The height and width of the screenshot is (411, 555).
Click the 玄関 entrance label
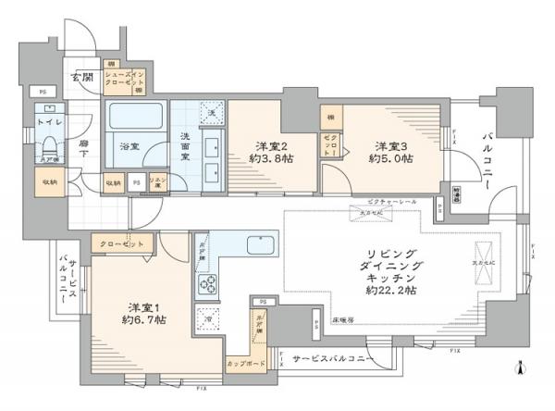coord(81,77)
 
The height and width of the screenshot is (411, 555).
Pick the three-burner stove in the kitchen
coord(206,283)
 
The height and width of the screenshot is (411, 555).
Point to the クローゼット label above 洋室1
coord(126,243)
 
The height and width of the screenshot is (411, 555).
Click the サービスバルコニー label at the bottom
coord(333,358)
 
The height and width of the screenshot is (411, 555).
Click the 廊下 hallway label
coord(83,144)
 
